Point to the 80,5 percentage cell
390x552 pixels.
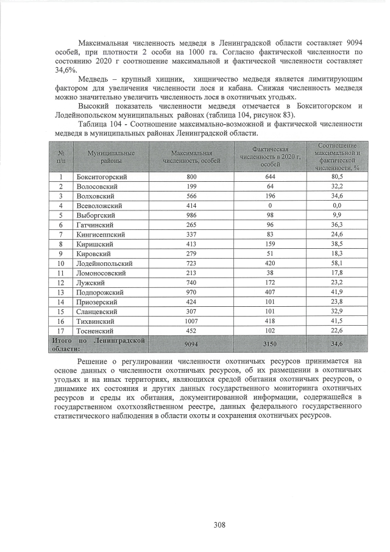(x=336, y=176)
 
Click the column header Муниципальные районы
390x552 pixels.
(x=110, y=156)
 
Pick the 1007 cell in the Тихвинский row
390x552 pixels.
(x=191, y=321)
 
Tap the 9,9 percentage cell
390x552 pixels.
(x=336, y=215)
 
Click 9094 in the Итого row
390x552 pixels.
(x=191, y=345)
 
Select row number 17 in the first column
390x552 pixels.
(x=61, y=331)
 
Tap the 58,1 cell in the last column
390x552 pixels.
(x=336, y=263)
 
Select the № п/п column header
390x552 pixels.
(x=61, y=156)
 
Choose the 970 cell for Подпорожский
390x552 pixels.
(x=191, y=292)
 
